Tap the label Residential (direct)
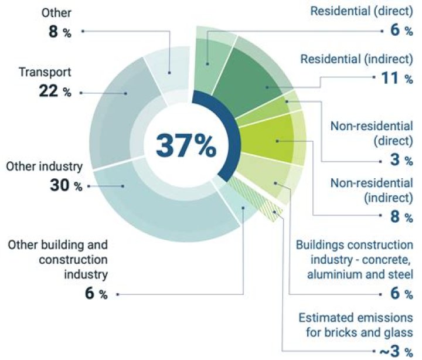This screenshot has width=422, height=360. coord(362,11)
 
